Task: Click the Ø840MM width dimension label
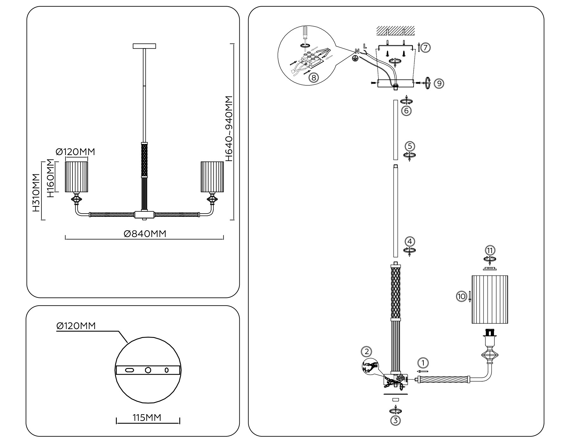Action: pyautogui.click(x=145, y=234)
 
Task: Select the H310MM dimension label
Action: pyautogui.click(x=36, y=192)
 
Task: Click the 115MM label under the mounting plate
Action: pyautogui.click(x=147, y=418)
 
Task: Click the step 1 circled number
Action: pyautogui.click(x=423, y=363)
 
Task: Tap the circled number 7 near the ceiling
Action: pyautogui.click(x=426, y=48)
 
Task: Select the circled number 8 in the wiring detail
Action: pyautogui.click(x=313, y=77)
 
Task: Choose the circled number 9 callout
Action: pyautogui.click(x=439, y=83)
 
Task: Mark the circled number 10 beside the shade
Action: pyautogui.click(x=461, y=296)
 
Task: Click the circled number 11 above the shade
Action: pyautogui.click(x=490, y=251)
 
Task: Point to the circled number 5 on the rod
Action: pyautogui.click(x=410, y=146)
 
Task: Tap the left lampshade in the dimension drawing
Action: pyautogui.click(x=76, y=177)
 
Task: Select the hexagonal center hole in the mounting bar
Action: pyautogui.click(x=148, y=370)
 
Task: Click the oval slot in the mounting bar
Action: pyautogui.click(x=130, y=370)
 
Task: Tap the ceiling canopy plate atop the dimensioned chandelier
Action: pyautogui.click(x=144, y=46)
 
